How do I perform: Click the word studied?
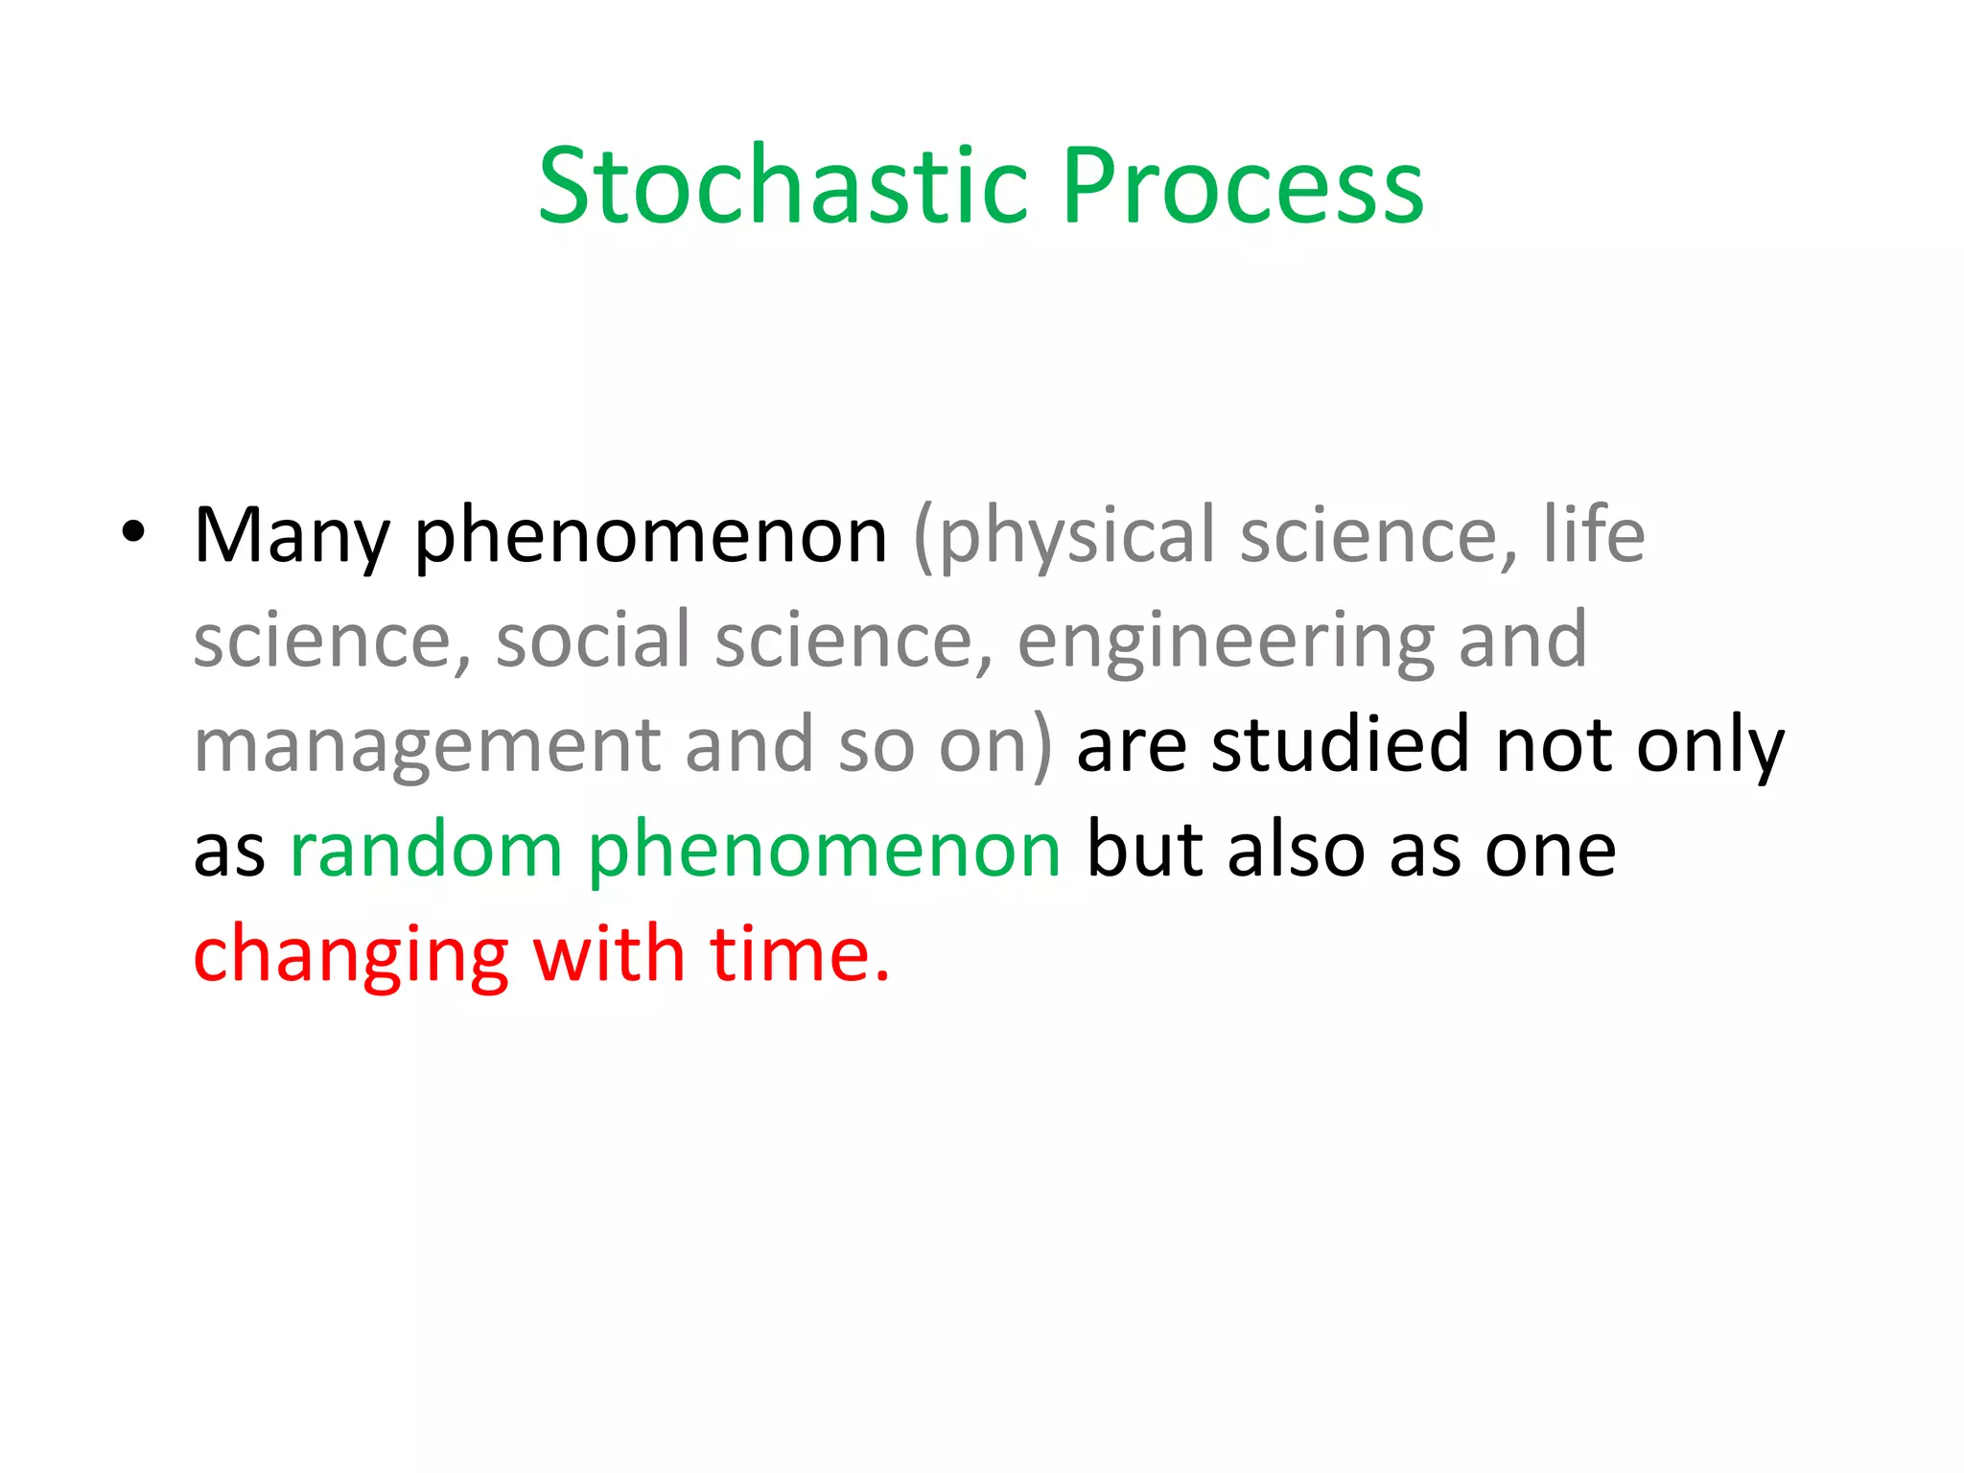tap(1340, 745)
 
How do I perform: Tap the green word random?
tap(426, 850)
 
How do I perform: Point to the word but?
tap(1143, 850)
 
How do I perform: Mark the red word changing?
tap(351, 957)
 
